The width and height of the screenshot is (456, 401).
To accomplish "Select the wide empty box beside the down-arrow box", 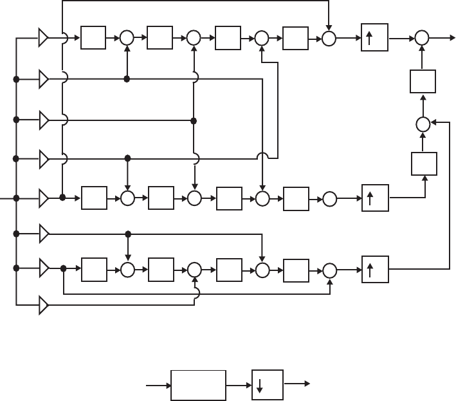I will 198,385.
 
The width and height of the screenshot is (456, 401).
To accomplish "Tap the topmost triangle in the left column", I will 44,39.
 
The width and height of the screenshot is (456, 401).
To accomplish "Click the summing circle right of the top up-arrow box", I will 422,39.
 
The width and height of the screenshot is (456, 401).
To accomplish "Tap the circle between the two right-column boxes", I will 423,124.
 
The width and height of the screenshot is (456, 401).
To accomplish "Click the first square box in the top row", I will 92,39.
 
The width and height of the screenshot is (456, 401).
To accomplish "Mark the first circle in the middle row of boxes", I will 127,198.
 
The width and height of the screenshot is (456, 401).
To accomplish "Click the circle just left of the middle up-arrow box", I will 329,198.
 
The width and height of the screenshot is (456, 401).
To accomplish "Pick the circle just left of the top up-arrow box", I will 329,39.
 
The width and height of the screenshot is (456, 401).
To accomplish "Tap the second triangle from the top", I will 44,80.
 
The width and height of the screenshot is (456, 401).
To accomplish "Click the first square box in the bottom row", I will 93,269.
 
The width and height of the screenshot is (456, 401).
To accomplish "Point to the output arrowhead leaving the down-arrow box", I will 306,385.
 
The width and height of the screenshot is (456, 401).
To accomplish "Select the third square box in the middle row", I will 229,198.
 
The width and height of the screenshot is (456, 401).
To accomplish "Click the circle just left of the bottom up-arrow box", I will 329,269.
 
